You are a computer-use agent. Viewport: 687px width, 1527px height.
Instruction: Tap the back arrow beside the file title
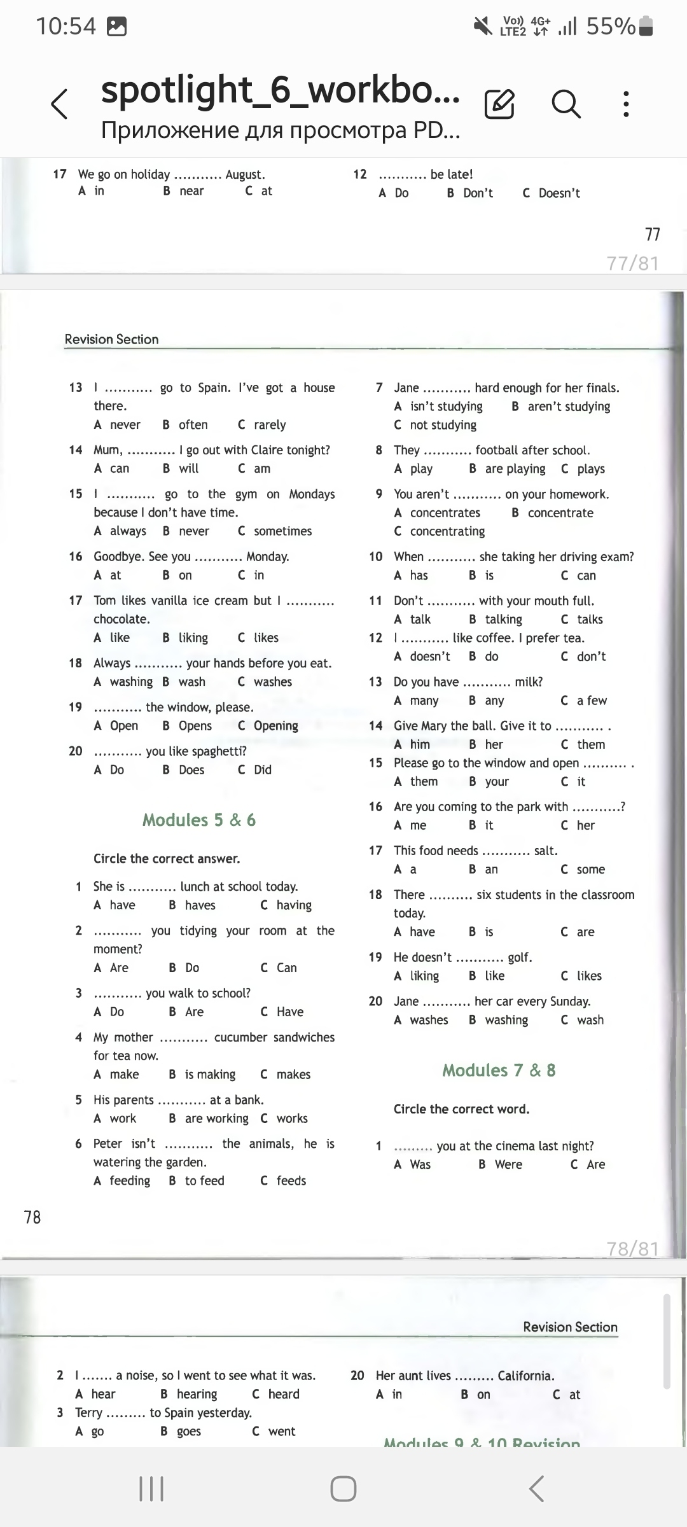(x=59, y=104)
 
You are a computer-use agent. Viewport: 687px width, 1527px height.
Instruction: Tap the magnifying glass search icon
(x=566, y=103)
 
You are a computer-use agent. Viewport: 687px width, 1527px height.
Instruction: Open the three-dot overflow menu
(x=626, y=104)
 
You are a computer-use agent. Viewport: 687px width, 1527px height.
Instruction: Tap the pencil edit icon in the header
(x=499, y=104)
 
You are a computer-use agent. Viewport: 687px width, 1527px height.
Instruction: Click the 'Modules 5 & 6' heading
(x=199, y=819)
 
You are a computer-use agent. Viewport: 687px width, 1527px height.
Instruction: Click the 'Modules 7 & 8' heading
(x=499, y=1070)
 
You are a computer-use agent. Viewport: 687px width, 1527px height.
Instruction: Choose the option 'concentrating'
(x=447, y=531)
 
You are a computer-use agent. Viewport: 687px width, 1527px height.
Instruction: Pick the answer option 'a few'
(x=592, y=701)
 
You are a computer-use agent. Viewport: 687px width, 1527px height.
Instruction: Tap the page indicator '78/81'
(x=632, y=1248)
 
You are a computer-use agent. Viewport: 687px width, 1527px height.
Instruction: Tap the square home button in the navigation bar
(x=343, y=1488)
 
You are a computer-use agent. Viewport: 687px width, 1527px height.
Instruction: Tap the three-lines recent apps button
(x=151, y=1488)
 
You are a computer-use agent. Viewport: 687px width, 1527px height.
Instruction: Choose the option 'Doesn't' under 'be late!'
(x=559, y=193)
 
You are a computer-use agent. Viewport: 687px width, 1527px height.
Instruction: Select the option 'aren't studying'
(x=569, y=407)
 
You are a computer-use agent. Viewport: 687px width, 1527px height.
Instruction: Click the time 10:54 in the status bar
(x=66, y=27)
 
